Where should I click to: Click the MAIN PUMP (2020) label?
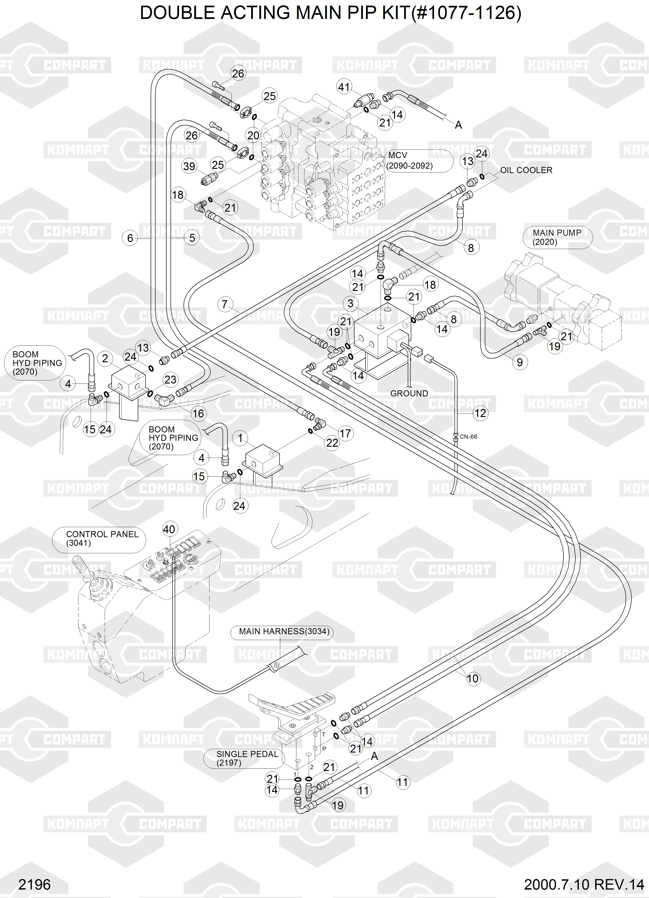[557, 237]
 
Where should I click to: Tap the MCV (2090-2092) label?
[410, 160]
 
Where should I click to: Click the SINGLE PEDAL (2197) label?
[247, 758]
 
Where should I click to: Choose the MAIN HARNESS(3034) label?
[284, 631]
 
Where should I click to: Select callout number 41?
[344, 87]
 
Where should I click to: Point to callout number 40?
[169, 529]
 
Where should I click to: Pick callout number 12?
[480, 413]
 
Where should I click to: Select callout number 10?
[473, 679]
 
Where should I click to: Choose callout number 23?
[170, 380]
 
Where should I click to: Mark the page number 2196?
[34, 884]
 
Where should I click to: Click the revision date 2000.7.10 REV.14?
[584, 884]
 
